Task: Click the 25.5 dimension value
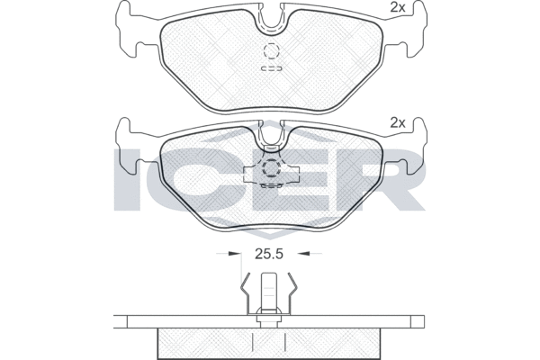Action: tap(268, 254)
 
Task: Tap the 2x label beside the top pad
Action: tap(398, 7)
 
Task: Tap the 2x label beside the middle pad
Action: tap(398, 122)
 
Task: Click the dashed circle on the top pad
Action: tap(271, 51)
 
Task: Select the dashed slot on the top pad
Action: tap(272, 68)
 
